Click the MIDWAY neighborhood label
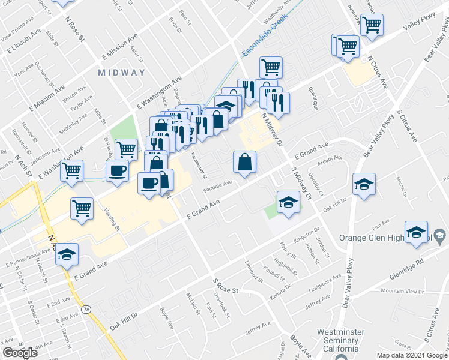[122, 72]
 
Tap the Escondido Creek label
[265, 37]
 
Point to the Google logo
[20, 353]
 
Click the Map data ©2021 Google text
[412, 355]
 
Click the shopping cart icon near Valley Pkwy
[372, 25]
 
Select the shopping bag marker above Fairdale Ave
[245, 162]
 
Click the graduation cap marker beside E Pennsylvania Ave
[67, 254]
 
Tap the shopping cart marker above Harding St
[82, 209]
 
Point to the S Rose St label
[226, 286]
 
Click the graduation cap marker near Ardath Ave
[364, 184]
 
